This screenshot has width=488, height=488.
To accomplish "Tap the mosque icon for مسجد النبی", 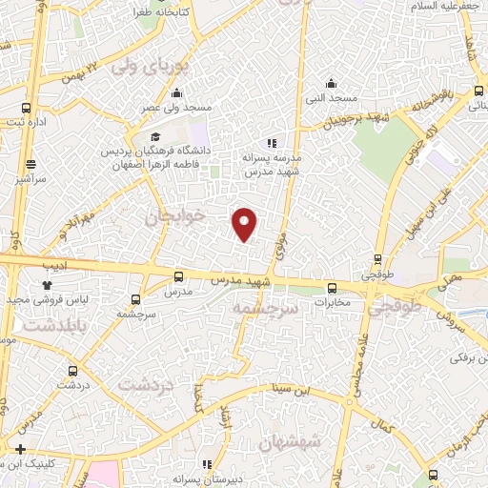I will coord(331,83).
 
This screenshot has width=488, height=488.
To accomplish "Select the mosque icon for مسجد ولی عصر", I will coord(176,92).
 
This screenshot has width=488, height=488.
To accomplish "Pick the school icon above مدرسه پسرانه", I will coord(273,142).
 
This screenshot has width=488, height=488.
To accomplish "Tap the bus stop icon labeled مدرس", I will coord(178,277).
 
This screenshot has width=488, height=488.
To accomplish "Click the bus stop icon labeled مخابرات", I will coord(332,288).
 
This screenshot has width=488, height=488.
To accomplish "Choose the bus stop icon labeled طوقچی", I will coord(378,258).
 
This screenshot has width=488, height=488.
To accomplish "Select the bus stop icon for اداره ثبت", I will coord(26,109).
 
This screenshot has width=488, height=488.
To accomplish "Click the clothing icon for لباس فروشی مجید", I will coord(47,284).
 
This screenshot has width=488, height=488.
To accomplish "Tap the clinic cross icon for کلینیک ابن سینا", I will coord(20,448).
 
